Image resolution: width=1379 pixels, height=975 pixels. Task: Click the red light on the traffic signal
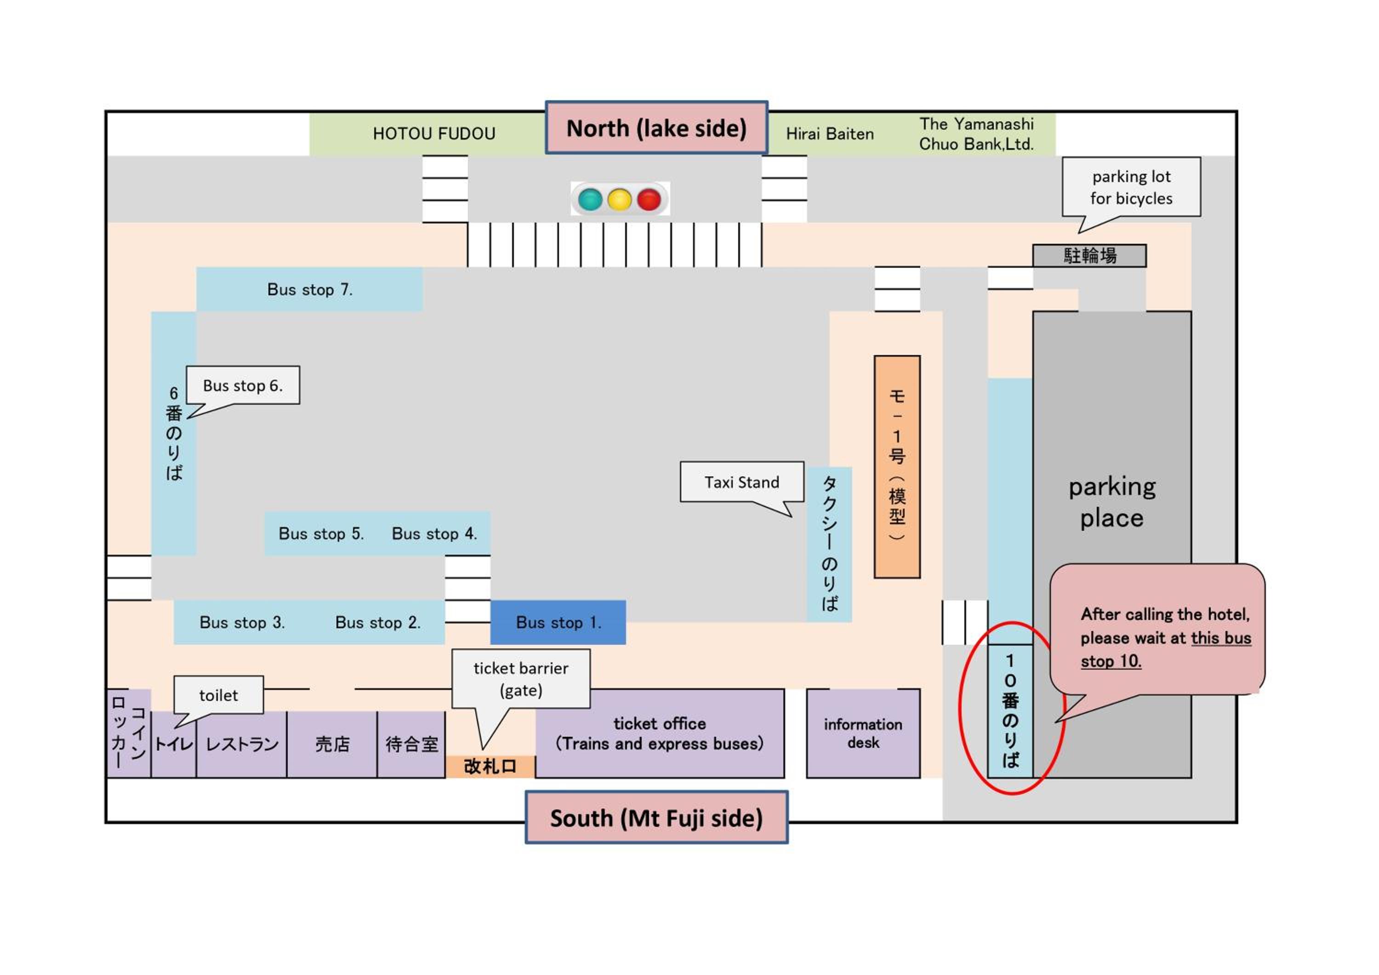(649, 200)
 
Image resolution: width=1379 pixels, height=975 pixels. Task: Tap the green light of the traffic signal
(590, 200)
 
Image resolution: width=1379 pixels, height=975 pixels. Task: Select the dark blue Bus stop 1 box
(558, 622)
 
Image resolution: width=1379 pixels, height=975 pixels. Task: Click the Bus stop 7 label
(310, 290)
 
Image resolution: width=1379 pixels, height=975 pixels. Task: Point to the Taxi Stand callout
(742, 482)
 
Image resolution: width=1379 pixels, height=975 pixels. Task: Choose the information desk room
(863, 733)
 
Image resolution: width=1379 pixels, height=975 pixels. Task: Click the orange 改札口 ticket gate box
(490, 767)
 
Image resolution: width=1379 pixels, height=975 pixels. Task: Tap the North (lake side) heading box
(656, 128)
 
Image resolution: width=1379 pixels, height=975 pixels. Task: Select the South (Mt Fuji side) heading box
(656, 818)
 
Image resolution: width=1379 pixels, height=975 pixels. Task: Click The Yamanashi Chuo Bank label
(977, 134)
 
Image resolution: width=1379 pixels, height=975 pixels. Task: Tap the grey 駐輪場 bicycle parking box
(1089, 256)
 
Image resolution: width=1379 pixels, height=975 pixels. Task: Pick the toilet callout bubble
(219, 695)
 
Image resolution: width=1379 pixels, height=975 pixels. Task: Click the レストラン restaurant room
(242, 744)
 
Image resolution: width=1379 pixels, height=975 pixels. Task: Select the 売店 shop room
(332, 744)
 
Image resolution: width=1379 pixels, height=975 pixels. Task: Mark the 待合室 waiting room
(411, 744)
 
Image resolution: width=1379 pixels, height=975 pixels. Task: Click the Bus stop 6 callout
(243, 385)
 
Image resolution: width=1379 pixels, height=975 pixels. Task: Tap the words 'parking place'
(1112, 502)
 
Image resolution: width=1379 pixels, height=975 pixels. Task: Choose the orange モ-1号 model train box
(897, 467)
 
